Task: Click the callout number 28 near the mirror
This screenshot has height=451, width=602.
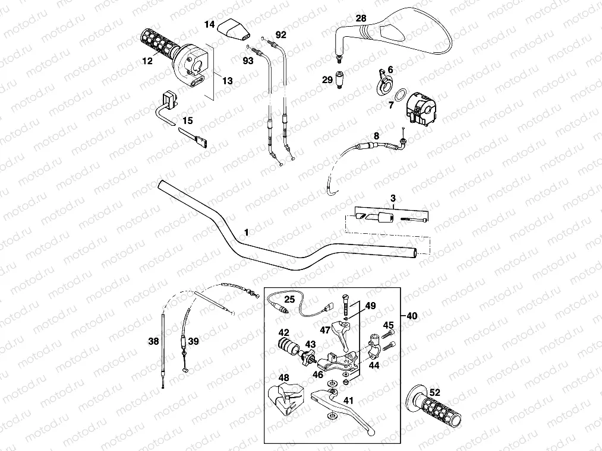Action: point(361,19)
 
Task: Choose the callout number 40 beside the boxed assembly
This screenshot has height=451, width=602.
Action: point(412,316)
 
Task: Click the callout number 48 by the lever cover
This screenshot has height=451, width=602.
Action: point(283,377)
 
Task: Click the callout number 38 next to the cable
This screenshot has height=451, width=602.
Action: point(153,341)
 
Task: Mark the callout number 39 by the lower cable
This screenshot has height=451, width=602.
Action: point(193,341)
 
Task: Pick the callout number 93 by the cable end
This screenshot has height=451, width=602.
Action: point(248,60)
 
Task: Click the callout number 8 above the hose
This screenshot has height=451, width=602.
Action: point(376,135)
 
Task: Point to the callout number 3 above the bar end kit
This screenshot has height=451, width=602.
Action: point(393,197)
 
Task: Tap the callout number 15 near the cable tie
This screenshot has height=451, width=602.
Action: point(188,120)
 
